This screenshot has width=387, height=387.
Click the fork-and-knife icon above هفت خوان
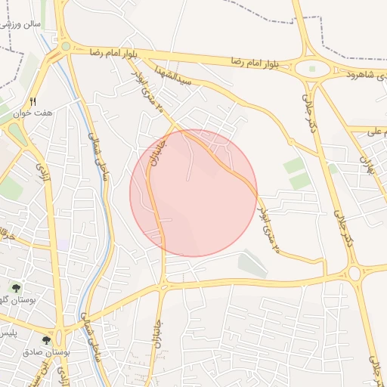tap(33, 101)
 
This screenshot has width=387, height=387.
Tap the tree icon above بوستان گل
tap(17, 287)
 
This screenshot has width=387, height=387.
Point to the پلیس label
tap(8, 333)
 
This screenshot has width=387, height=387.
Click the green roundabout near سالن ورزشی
tap(66, 46)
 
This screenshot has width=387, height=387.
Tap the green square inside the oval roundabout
tap(312, 70)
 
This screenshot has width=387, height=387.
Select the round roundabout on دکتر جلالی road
tap(353, 273)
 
